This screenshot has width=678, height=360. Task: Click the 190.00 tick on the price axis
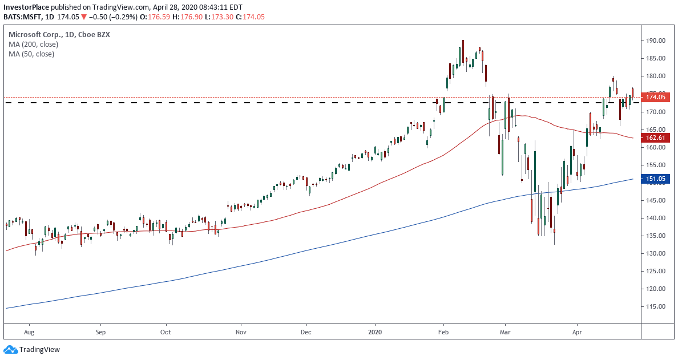point(656,41)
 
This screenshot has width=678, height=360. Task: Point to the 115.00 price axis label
point(656,306)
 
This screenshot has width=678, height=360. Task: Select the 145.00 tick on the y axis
point(656,200)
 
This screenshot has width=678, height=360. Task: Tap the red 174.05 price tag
point(656,97)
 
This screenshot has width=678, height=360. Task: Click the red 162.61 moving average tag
point(656,137)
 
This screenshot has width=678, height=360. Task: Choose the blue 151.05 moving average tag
point(656,179)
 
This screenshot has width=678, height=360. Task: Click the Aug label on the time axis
point(30,331)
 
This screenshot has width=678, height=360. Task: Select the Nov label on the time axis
point(241,331)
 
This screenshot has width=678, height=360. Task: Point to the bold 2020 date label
point(375,331)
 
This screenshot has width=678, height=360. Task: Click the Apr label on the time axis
point(577,331)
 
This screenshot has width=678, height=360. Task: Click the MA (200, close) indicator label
point(33,44)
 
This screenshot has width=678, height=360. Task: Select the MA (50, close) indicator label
point(31,54)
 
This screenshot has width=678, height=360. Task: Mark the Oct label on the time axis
point(166,331)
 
